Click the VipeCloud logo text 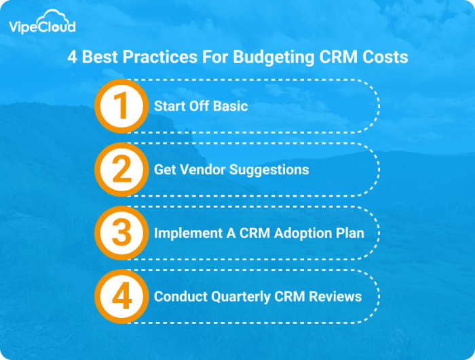pyautogui.click(x=42, y=28)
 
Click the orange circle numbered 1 pyautogui.click(x=121, y=105)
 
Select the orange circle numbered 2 pyautogui.click(x=121, y=169)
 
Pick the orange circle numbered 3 pyautogui.click(x=121, y=233)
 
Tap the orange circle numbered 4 pyautogui.click(x=121, y=296)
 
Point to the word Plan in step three pyautogui.click(x=349, y=233)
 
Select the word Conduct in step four pyautogui.click(x=178, y=297)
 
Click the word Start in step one pyautogui.click(x=168, y=106)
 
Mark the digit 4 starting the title pyautogui.click(x=72, y=57)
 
